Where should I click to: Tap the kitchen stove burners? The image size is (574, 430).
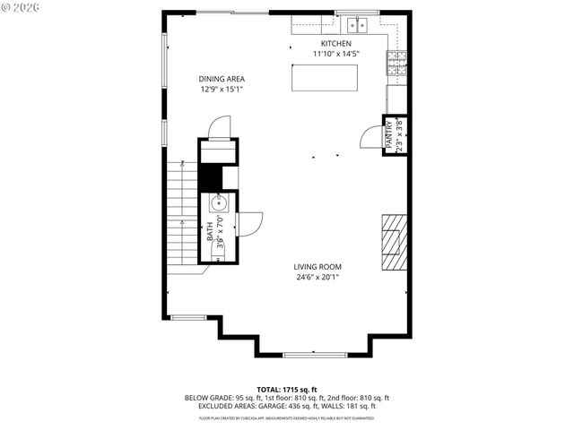point(396,62)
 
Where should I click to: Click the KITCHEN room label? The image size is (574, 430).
point(336,43)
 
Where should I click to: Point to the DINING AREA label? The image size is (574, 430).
point(222,79)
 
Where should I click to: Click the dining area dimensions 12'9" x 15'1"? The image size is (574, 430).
point(222,89)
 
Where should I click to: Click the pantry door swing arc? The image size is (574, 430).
point(370,137)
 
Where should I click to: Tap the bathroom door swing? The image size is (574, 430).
point(250,223)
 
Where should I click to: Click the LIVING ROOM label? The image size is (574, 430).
point(317,266)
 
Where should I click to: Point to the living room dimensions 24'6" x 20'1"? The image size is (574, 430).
point(317,277)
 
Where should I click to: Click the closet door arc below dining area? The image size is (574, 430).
point(219,129)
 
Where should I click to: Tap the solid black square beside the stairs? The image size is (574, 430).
point(210,178)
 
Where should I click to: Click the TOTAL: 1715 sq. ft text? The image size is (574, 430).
point(287,389)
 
